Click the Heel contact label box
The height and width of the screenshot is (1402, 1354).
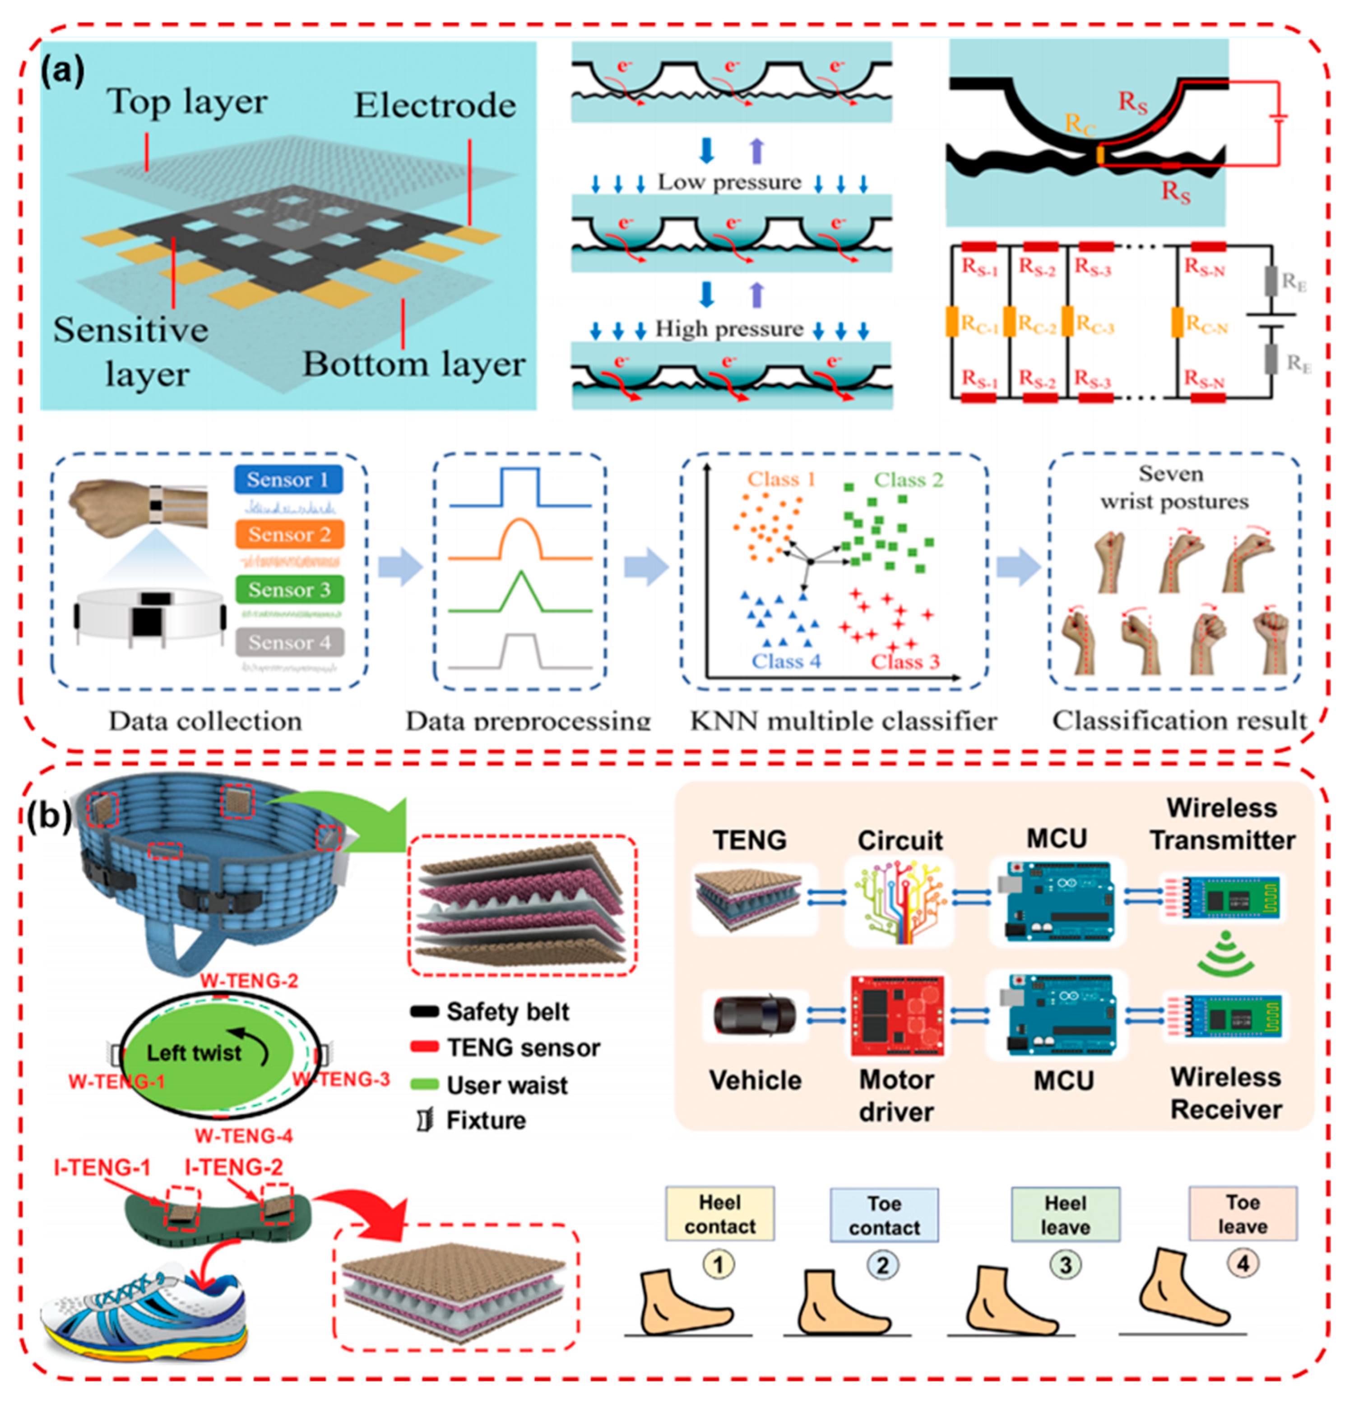coord(719,1214)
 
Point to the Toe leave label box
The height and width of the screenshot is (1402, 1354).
coord(1243,1214)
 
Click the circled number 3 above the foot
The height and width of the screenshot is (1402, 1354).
coord(1065,1265)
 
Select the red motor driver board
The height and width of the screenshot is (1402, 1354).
coord(897,1016)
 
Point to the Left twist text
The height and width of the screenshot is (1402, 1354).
coord(195,1052)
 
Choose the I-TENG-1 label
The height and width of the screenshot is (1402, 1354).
coord(102,1167)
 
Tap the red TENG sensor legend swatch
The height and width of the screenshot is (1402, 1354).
coord(424,1048)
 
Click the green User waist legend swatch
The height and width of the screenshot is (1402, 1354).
coord(424,1084)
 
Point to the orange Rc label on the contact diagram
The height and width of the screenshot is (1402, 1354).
coord(1080,124)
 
